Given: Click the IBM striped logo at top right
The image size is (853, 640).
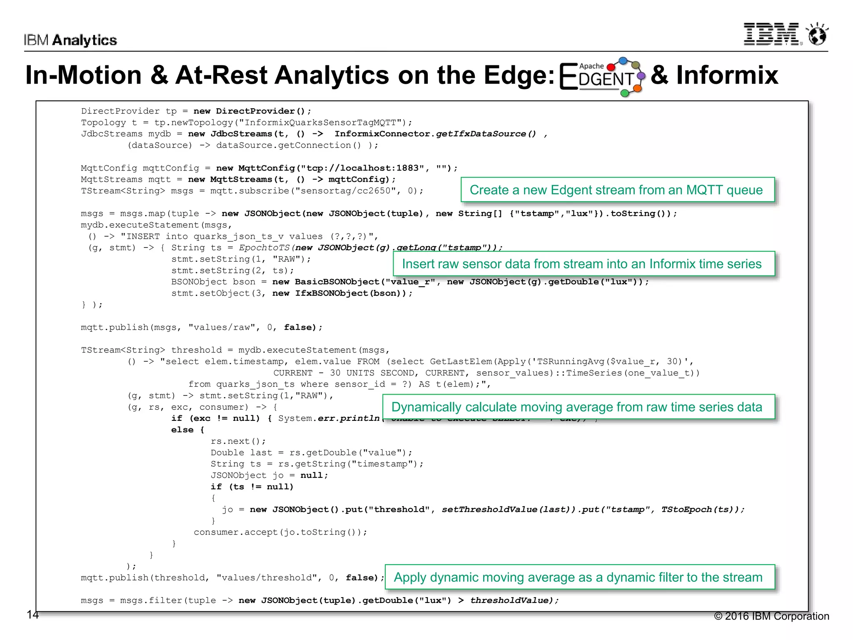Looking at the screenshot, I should click(771, 34).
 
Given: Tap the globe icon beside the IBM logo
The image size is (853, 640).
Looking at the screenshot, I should click(817, 34).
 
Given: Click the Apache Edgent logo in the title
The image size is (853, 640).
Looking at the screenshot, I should click(602, 76).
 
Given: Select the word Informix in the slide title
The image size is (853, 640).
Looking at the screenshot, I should click(726, 75).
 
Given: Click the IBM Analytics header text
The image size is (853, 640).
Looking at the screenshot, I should click(70, 40).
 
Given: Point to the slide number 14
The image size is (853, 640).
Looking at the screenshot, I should click(32, 615).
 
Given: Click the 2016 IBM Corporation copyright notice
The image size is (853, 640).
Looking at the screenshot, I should click(771, 616).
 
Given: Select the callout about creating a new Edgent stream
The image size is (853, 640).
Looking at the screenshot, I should click(617, 190).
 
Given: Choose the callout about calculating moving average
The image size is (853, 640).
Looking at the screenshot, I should click(578, 407).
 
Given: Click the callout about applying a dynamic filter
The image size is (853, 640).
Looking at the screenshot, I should click(579, 577).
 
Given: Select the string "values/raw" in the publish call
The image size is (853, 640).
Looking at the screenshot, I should click(222, 327).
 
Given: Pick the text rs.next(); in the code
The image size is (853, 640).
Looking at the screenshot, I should click(238, 441).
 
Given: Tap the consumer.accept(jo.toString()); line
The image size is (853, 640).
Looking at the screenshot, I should click(280, 532).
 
